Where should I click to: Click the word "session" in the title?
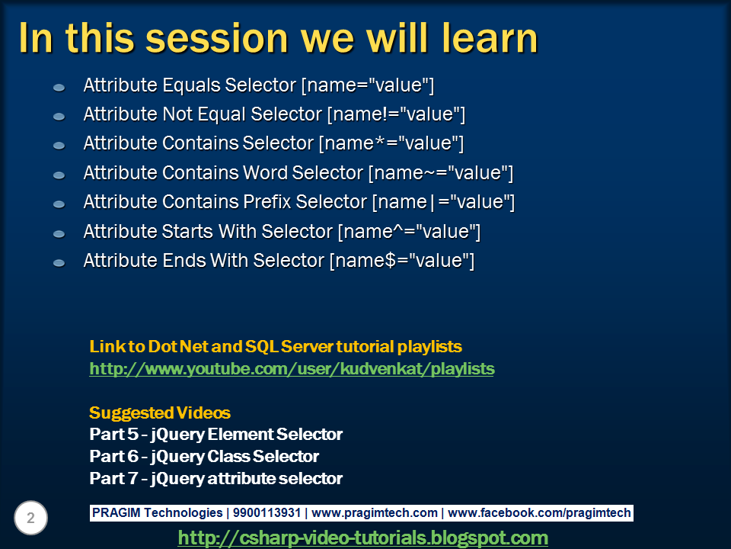pyautogui.click(x=217, y=38)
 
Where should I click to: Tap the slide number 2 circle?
pyautogui.click(x=30, y=518)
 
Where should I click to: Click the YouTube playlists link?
pyautogui.click(x=292, y=369)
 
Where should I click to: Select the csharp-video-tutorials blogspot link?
pyautogui.click(x=362, y=538)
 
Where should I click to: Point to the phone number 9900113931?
pyautogui.click(x=267, y=512)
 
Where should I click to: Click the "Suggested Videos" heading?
pyautogui.click(x=160, y=413)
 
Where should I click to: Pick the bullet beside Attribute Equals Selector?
pyautogui.click(x=59, y=87)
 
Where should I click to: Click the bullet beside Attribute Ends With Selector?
pyautogui.click(x=59, y=263)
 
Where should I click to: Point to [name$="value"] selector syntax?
pyautogui.click(x=402, y=261)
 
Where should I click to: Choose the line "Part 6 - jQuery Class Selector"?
pyautogui.click(x=204, y=456)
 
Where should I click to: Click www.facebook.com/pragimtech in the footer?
pyautogui.click(x=539, y=512)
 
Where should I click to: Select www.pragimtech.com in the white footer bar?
pyautogui.click(x=375, y=512)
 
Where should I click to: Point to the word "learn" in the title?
pyautogui.click(x=490, y=38)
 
